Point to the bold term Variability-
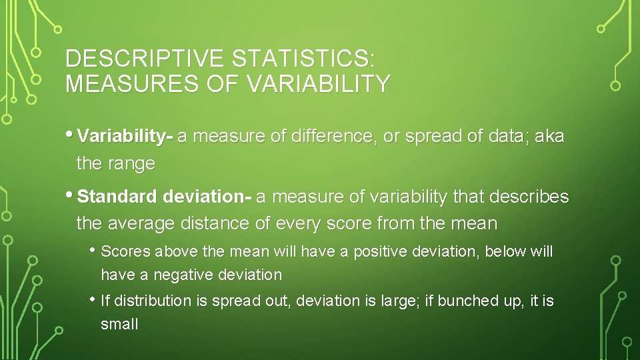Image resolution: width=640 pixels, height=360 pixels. tap(125, 137)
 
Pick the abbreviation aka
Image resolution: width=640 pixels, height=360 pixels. tap(549, 137)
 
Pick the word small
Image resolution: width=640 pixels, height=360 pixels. tap(119, 325)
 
